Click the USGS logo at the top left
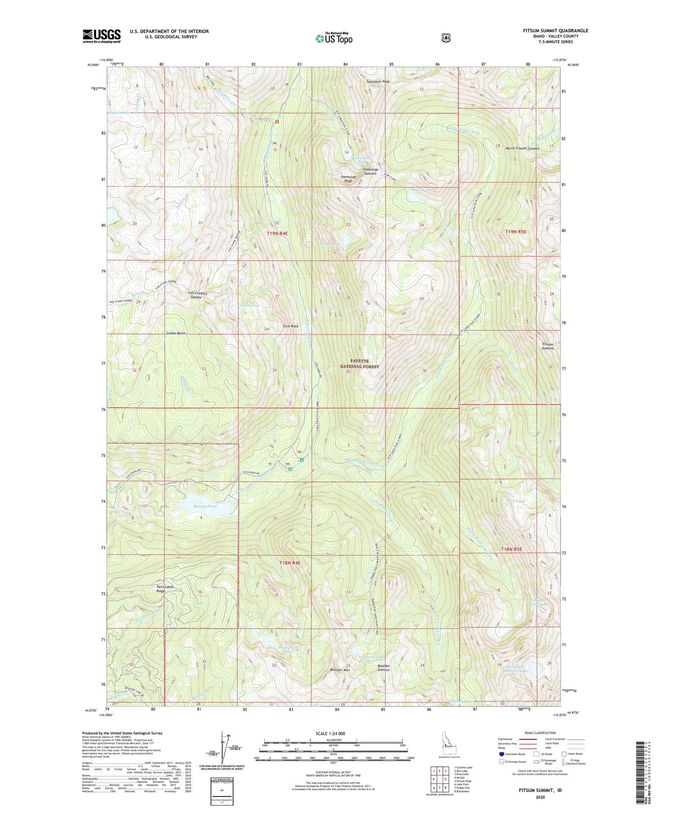pyautogui.click(x=102, y=36)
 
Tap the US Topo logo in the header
pyautogui.click(x=334, y=38)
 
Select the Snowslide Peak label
pyautogui.click(x=348, y=179)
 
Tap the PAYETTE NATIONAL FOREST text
pyautogui.click(x=359, y=364)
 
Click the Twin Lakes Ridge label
pyautogui.click(x=165, y=589)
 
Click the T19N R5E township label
pyautogui.click(x=516, y=232)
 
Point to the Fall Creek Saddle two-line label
pyautogui.click(x=196, y=295)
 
